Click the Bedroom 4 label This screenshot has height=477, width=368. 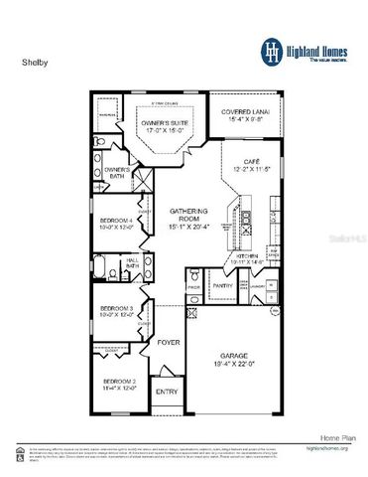click(117, 224)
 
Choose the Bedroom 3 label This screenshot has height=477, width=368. click(117, 312)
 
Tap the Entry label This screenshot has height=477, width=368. click(167, 393)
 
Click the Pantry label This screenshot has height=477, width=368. click(224, 285)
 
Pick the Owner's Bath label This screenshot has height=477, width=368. click(117, 174)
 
